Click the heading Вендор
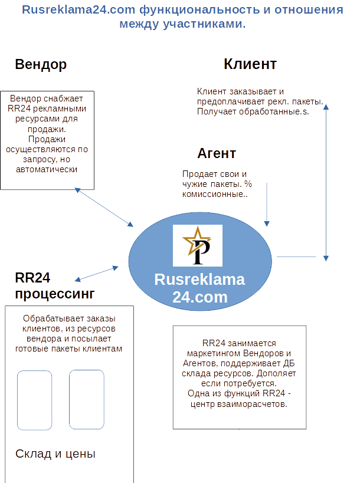[x=41, y=65]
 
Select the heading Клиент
[x=250, y=64]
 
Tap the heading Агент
[x=217, y=153]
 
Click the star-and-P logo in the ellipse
[x=198, y=245]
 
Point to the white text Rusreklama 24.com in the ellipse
[x=199, y=288]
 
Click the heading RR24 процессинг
[x=54, y=285]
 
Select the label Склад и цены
[x=55, y=454]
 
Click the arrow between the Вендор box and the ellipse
[x=104, y=208]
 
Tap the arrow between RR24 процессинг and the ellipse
[x=96, y=274]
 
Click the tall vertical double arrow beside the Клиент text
[x=326, y=183]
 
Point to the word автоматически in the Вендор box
[x=47, y=169]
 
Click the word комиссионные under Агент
[x=212, y=195]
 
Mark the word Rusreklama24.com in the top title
[x=78, y=9]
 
